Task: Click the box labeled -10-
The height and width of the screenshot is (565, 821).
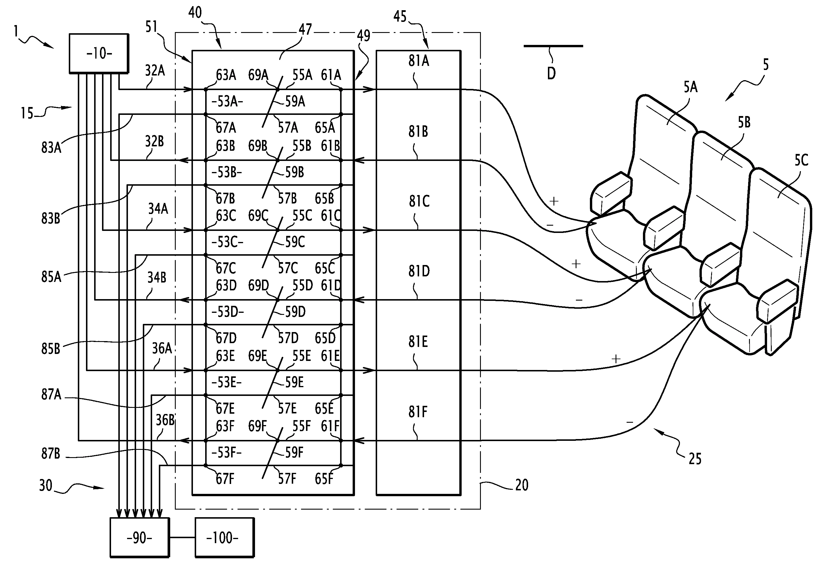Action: [99, 53]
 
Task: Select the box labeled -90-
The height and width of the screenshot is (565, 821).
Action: [139, 538]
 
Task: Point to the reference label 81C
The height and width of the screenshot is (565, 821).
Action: [419, 201]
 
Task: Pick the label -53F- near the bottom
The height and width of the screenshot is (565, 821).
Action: [226, 452]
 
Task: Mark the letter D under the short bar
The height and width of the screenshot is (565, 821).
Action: [551, 74]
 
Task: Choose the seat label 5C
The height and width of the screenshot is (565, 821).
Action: [801, 160]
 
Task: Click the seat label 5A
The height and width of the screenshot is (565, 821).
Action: [690, 87]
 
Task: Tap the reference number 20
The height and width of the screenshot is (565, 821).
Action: [521, 485]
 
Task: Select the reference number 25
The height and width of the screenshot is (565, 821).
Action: [695, 459]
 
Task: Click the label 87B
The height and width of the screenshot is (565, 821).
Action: [51, 454]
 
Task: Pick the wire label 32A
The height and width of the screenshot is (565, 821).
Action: [155, 71]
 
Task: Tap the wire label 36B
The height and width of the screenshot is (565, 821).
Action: [165, 420]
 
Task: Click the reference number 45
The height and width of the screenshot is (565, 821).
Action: [400, 17]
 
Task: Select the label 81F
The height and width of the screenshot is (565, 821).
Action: [418, 412]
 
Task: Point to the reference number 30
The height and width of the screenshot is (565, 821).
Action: [46, 485]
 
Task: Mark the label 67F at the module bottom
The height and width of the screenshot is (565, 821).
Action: [225, 479]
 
